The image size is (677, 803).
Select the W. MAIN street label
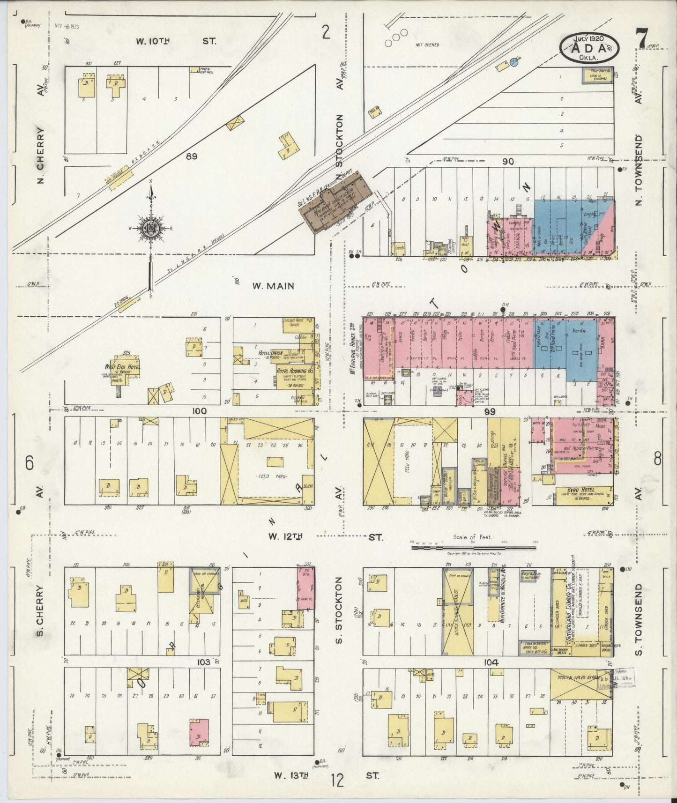tap(273, 285)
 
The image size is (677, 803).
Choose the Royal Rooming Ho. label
tap(295, 371)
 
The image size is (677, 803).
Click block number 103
tap(203, 662)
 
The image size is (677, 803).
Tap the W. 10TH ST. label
tap(176, 41)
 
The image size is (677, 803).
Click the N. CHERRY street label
tap(41, 155)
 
